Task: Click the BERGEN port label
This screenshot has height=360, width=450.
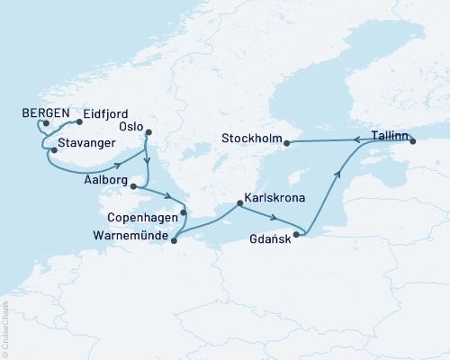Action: [43, 114]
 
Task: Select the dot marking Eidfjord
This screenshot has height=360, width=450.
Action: [80, 121]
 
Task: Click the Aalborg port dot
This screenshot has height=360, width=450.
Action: [133, 187]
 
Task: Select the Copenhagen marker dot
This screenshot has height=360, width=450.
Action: [184, 213]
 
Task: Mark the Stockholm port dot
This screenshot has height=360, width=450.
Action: [286, 142]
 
